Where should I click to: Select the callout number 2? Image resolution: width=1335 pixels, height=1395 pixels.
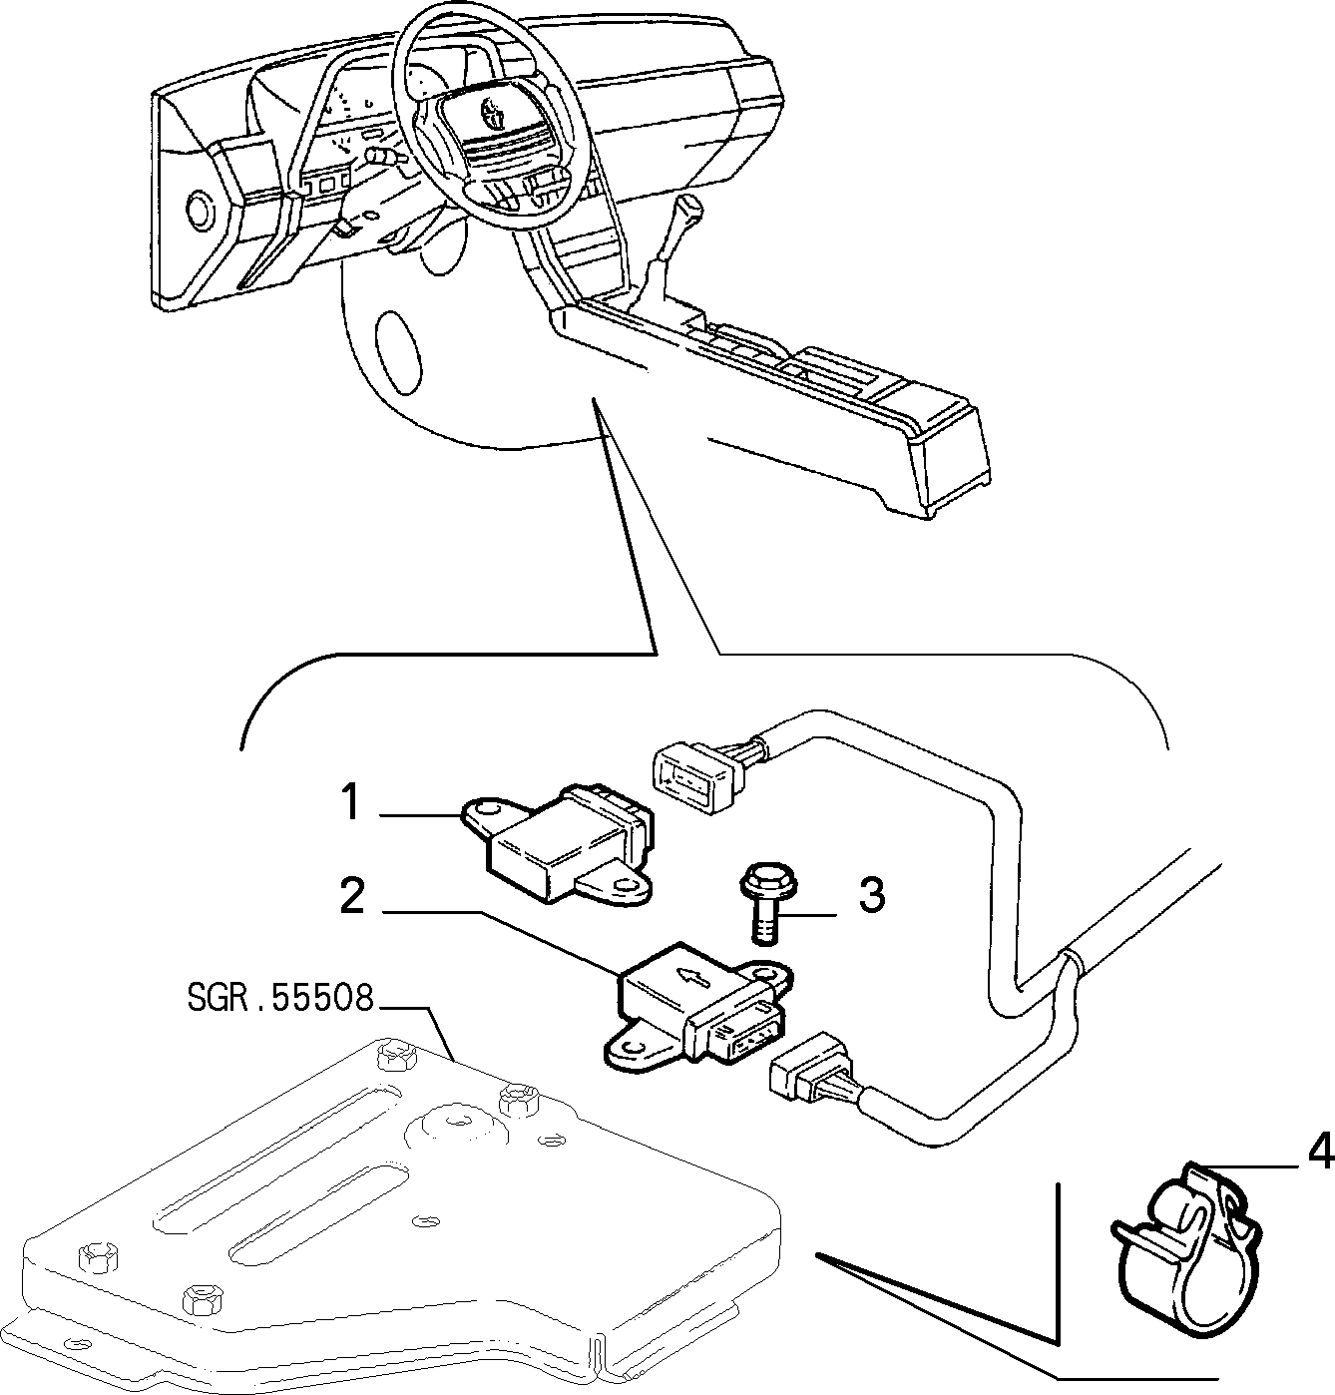coord(352,895)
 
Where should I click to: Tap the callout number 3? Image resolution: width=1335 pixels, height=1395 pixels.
coord(872,895)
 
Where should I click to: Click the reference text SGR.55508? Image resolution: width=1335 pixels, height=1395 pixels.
coord(280,997)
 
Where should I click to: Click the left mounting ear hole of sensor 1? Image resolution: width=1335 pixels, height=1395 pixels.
coord(488,811)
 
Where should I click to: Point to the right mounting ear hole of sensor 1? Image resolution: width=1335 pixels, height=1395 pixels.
coord(632,889)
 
